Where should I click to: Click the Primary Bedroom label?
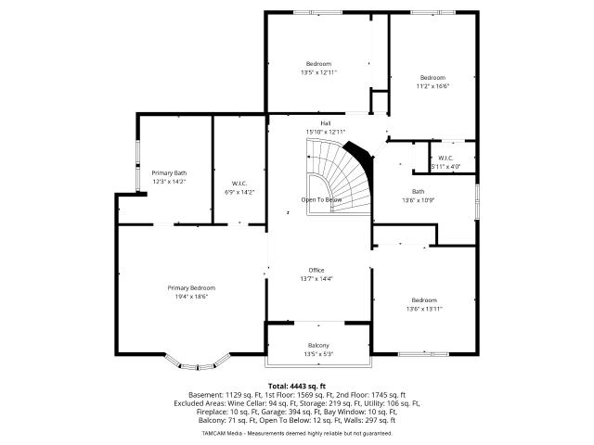click(191, 288)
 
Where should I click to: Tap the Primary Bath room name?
click(169, 173)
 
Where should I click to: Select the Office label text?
click(316, 270)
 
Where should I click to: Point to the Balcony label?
click(318, 346)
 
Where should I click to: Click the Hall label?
click(326, 123)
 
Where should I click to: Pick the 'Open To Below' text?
click(322, 200)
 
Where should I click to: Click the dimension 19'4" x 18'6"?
click(191, 297)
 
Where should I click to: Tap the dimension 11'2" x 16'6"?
click(433, 86)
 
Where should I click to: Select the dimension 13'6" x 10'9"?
click(419, 200)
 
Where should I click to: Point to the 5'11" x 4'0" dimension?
click(445, 166)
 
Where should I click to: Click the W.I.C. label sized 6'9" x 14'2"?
click(239, 184)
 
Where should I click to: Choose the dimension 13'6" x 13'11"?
click(424, 309)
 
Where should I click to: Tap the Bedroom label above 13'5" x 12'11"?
click(318, 64)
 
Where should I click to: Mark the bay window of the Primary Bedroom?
click(197, 364)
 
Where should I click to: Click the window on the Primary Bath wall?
click(138, 165)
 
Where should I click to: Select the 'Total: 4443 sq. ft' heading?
click(297, 387)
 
